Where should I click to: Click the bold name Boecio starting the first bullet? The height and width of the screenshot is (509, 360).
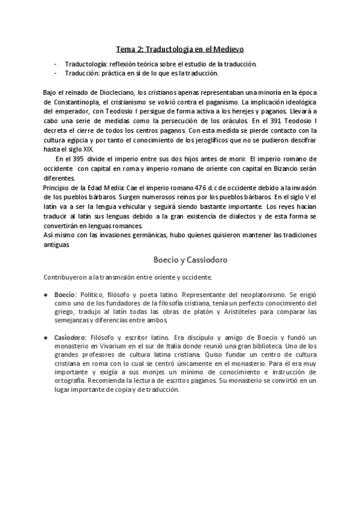click(x=64, y=296)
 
